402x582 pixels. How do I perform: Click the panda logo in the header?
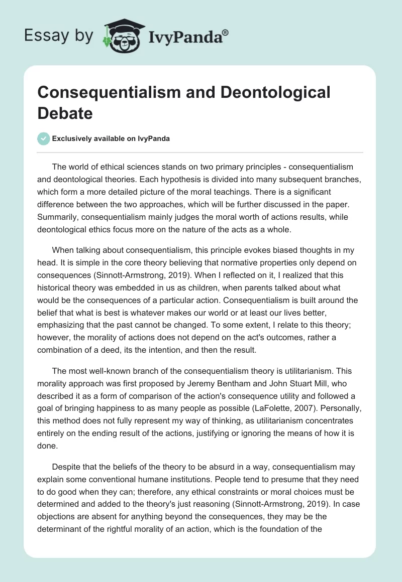[120, 36]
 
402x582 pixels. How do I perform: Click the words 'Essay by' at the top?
[58, 36]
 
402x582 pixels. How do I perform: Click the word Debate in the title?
[65, 113]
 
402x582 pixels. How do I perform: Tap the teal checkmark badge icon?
[44, 138]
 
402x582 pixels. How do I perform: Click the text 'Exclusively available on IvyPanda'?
[112, 139]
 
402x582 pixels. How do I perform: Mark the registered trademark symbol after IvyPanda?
[225, 33]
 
